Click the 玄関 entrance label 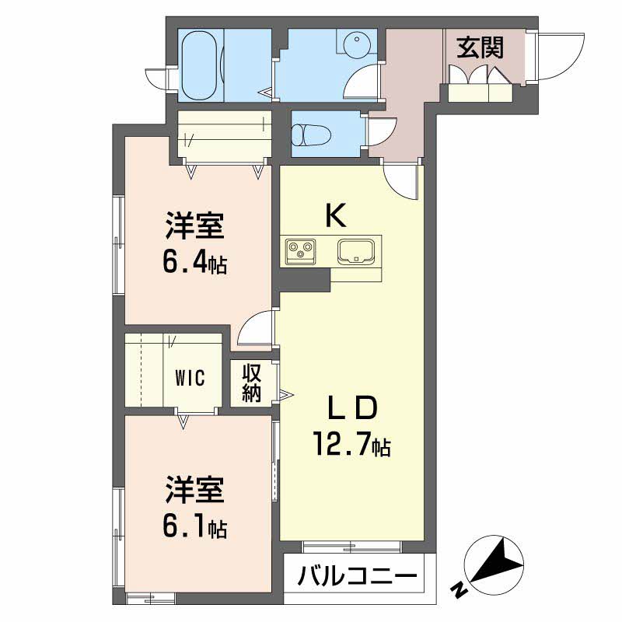(x=480, y=48)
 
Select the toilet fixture (x=311, y=135)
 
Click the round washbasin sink (x=357, y=42)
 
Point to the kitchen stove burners (x=300, y=250)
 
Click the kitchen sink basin (x=356, y=250)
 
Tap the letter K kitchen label (x=336, y=215)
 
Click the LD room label (x=351, y=407)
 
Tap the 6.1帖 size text (x=195, y=527)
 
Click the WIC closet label (x=190, y=378)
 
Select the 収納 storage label (x=252, y=383)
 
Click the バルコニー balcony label (x=358, y=576)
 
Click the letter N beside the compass (x=460, y=591)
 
